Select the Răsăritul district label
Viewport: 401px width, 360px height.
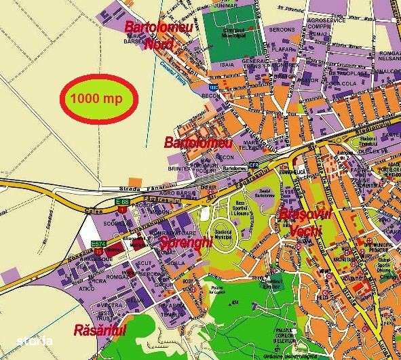(x=100, y=330)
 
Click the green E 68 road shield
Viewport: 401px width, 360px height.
(x=121, y=201)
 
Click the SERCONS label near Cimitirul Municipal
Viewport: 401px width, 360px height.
(x=282, y=30)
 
